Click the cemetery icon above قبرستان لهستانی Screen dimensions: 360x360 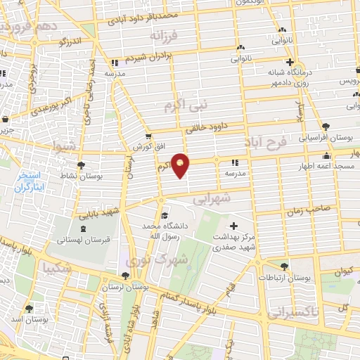83,229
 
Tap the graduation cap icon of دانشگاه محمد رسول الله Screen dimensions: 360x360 164,216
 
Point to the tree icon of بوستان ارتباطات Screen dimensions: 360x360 284,266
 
